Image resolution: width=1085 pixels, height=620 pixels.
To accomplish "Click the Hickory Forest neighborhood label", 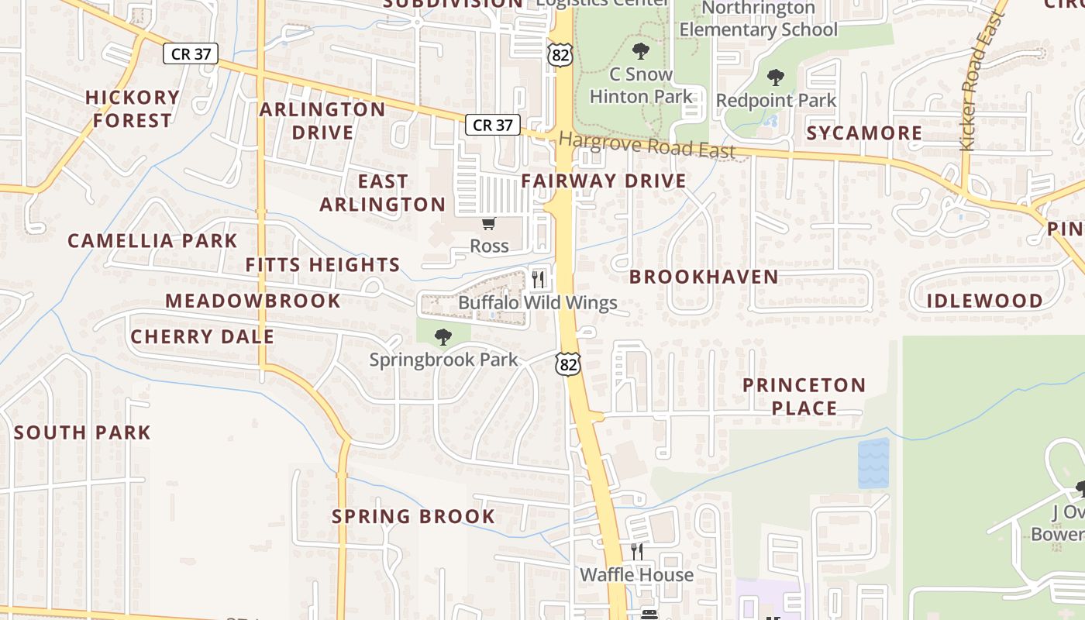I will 132,108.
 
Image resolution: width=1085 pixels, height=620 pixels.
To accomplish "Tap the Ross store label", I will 489,246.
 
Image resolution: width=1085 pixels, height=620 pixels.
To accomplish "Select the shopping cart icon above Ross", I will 488,224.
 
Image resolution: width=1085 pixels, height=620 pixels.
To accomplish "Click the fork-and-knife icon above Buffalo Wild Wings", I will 539,279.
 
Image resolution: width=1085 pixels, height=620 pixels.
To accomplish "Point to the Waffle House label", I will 636,575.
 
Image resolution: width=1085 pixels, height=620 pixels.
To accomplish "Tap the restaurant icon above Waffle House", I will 636,552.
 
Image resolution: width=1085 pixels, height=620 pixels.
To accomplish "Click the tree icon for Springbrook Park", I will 443,336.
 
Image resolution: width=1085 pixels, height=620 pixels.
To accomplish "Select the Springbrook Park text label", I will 443,360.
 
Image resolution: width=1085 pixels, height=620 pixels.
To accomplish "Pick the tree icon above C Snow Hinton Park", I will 640,52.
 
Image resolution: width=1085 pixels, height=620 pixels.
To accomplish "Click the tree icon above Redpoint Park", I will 775,77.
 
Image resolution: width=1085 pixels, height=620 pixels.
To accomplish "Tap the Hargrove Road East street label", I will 646,145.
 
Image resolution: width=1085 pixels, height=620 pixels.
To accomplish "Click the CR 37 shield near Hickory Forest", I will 191,53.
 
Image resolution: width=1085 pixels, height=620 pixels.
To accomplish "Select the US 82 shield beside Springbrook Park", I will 568,363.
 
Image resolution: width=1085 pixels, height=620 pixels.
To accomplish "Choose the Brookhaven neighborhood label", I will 704,277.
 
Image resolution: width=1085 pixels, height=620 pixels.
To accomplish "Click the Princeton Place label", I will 804,396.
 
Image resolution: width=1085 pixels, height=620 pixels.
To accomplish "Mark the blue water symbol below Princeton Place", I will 873,463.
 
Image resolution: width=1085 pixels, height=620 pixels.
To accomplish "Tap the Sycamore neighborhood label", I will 864,133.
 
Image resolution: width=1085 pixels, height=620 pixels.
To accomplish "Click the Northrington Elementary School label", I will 758,19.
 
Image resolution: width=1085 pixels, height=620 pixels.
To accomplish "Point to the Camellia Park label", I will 152,241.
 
